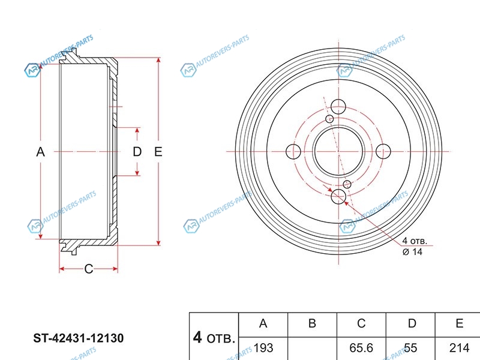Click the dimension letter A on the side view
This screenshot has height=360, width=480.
[x=40, y=152]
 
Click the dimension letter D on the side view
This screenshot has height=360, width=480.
[x=137, y=152]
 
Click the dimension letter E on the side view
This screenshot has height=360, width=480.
[x=158, y=152]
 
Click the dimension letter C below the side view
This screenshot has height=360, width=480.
[x=88, y=269]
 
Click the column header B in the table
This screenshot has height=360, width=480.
[x=312, y=324]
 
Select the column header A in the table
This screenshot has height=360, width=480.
[x=263, y=324]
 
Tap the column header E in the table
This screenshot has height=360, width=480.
[x=459, y=324]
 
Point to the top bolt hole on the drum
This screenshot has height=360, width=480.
[x=338, y=106]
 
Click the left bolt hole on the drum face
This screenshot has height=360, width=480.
[x=293, y=151]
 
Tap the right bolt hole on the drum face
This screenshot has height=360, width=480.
[x=383, y=151]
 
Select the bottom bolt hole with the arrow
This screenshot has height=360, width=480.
[x=338, y=196]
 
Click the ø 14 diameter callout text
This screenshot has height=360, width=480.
[x=413, y=252]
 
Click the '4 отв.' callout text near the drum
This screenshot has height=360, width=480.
[x=416, y=241]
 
